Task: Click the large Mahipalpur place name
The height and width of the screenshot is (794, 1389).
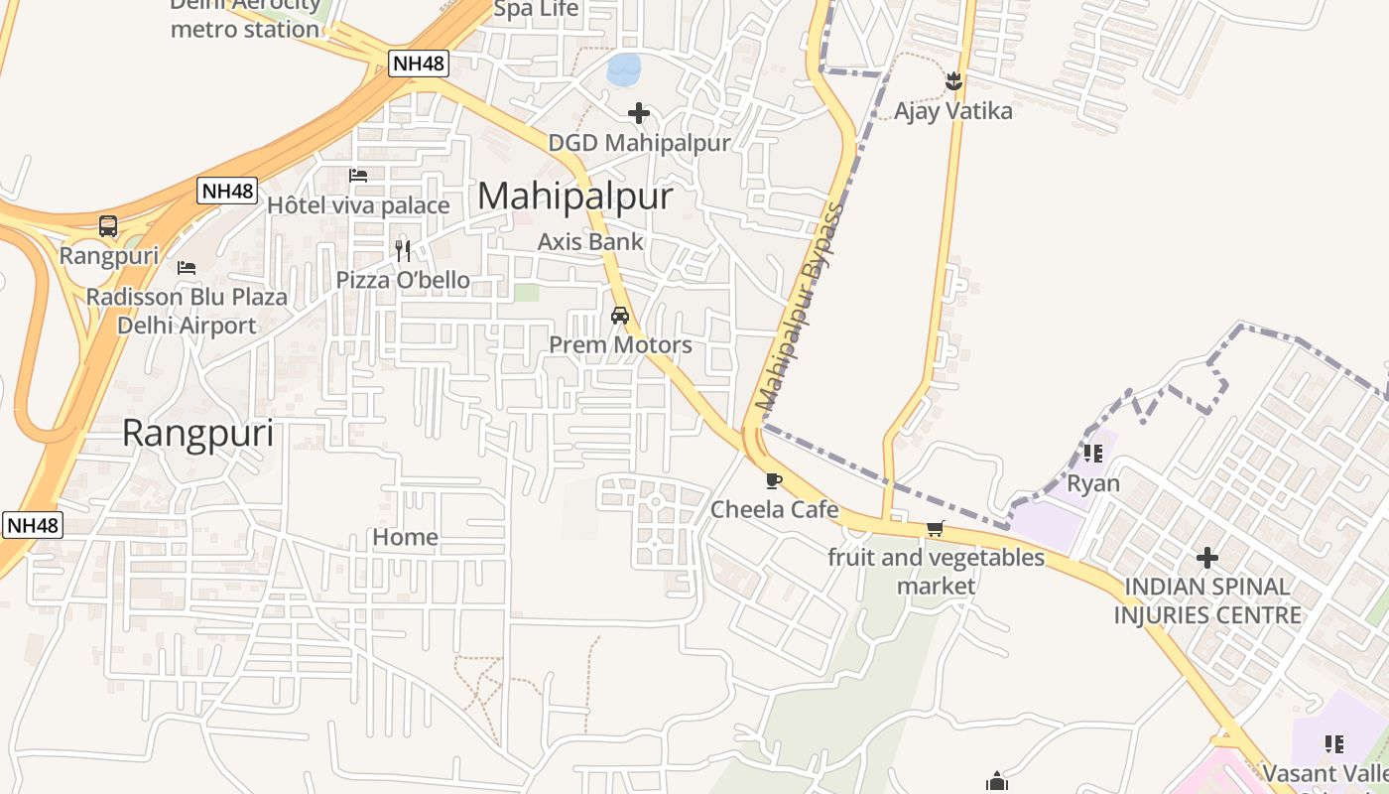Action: pos(575,197)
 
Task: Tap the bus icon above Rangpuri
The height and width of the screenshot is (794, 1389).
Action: pos(108,226)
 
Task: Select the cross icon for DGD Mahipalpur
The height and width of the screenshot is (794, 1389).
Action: pos(639,113)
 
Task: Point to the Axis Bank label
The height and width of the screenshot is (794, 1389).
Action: pos(590,241)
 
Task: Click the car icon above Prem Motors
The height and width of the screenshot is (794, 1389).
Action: pos(620,316)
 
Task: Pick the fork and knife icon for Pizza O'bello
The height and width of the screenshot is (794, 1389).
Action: pos(402,250)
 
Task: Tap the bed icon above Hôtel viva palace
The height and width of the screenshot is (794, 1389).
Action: pos(358,176)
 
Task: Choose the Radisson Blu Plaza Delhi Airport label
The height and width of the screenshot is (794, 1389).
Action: pos(187,311)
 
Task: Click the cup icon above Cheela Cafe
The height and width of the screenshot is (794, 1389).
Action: pos(774,481)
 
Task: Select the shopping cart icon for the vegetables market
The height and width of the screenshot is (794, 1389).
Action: pos(935,528)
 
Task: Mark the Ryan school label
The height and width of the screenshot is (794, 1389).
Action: pos(1093,484)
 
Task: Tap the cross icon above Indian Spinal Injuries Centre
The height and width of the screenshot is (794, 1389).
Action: pos(1206,558)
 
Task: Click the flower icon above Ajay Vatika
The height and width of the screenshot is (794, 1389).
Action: pos(953,81)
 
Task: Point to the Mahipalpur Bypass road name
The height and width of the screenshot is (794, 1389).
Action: pos(799,308)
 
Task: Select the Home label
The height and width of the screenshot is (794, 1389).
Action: pos(405,537)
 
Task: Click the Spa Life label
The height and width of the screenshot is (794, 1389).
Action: pos(536,10)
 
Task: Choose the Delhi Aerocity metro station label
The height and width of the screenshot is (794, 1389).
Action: pos(245,18)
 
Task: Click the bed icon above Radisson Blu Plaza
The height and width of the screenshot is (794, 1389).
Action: pos(186,268)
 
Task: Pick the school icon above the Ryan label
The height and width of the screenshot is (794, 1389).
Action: pos(1093,454)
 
